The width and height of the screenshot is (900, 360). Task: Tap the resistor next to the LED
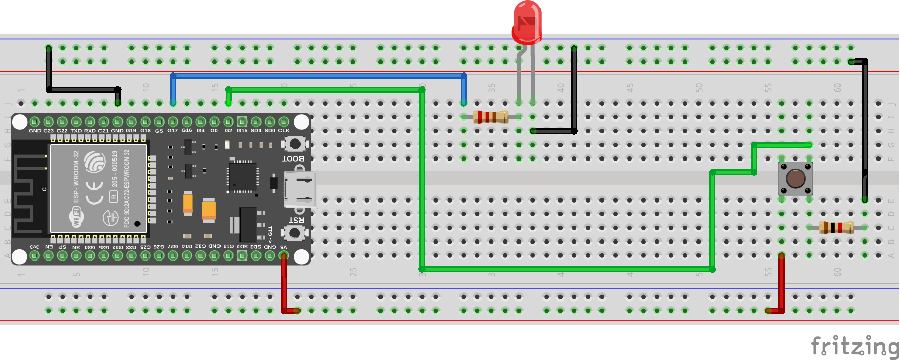491,117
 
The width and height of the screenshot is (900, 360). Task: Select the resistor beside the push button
836,227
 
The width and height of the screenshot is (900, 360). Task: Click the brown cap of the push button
795,178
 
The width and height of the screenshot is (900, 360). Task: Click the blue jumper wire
318,76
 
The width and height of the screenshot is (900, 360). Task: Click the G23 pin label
48,131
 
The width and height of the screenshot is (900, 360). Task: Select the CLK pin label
284,131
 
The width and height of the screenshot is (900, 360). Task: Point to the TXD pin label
76,131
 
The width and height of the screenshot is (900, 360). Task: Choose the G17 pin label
173,131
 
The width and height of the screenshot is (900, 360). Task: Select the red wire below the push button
782,282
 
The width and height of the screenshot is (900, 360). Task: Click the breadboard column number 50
698,88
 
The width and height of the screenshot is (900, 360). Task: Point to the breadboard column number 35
491,88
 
